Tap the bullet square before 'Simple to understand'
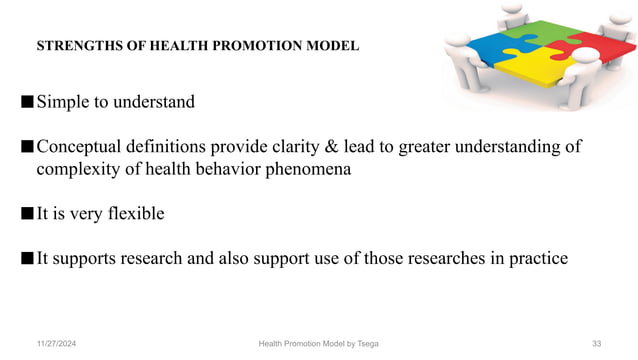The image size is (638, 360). [25, 102]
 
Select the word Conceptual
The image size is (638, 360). [84, 147]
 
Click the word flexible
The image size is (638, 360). [131, 213]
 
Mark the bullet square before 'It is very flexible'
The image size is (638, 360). [25, 213]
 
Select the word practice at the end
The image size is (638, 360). [537, 258]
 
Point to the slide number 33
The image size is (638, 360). [596, 344]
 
